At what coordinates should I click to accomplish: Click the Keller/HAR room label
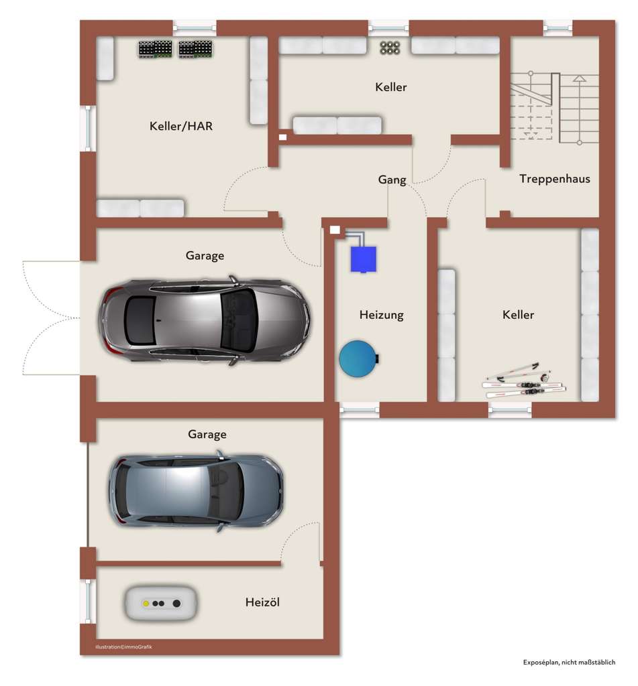tap(181, 125)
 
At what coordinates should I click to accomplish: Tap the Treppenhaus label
tap(554, 179)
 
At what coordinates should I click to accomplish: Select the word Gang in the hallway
tap(392, 180)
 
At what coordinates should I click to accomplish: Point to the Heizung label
tap(381, 314)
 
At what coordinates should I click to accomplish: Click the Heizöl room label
tap(262, 602)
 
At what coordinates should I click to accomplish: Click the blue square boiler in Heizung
tap(363, 259)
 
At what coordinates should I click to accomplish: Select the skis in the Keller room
tap(524, 381)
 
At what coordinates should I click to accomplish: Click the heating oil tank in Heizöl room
tap(161, 603)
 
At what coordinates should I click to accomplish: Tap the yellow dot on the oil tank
tap(145, 603)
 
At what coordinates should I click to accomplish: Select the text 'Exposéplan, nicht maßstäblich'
tap(569, 662)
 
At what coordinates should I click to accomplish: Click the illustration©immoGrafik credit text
tap(124, 646)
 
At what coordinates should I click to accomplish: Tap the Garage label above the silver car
tap(205, 255)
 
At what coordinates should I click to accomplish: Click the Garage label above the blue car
tap(207, 434)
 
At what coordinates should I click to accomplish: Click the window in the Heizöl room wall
tap(87, 601)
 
